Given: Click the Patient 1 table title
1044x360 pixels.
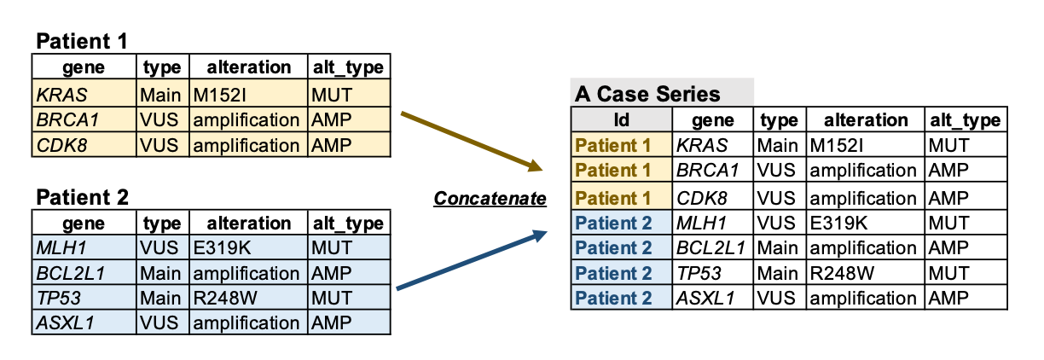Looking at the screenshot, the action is pos(82,41).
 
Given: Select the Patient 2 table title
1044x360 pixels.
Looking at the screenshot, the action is pos(82,197).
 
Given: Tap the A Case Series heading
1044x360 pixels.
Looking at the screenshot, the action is pos(647,94).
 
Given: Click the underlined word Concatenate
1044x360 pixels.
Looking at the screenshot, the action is pos(490,199).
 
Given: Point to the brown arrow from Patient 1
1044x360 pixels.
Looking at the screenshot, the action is pos(472,142).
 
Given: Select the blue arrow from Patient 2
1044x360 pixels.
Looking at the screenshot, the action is pos(472,259).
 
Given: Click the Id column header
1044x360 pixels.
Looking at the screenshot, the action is pos(621,119).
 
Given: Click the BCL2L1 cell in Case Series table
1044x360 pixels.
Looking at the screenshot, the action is pos(711,248).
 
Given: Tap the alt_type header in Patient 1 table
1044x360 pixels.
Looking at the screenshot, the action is pos(348,67).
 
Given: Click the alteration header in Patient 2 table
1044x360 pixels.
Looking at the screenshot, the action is pos(249,224).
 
